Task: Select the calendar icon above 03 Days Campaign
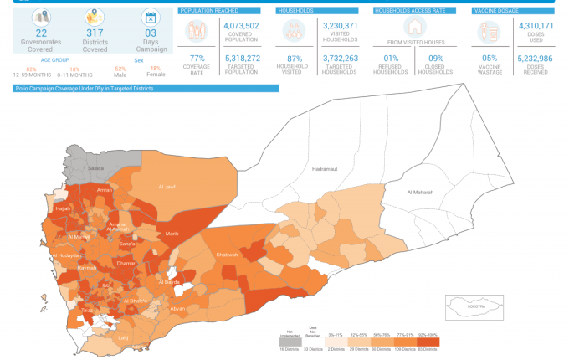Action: point(151,17)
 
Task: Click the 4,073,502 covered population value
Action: point(242,27)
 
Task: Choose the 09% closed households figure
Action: point(436,59)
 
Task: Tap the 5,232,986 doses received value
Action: point(536,59)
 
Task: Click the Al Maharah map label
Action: point(420,193)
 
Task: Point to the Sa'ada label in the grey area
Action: point(95,168)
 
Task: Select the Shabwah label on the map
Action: point(227,255)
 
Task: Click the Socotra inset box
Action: point(474,307)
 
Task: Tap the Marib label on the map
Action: point(172,234)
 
